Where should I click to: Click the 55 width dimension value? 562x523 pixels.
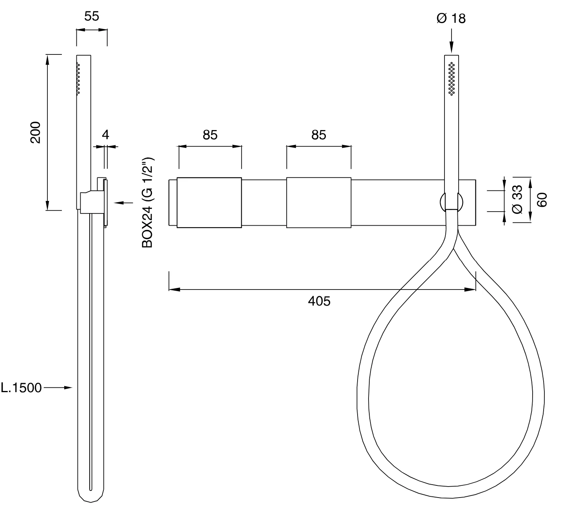pos(92,16)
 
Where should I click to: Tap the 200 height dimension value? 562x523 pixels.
pos(36,132)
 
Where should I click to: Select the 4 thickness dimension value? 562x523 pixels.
pos(106,135)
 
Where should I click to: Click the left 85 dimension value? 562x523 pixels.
pos(210,135)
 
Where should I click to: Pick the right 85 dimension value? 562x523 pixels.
pos(319,135)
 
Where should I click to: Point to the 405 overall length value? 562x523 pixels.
pos(319,301)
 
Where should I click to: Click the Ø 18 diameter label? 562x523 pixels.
pos(451,19)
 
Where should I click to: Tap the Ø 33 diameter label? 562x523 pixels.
pos(517,199)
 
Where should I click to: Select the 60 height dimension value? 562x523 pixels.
pos(542,200)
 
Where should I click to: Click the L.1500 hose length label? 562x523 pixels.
pos(21,388)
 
